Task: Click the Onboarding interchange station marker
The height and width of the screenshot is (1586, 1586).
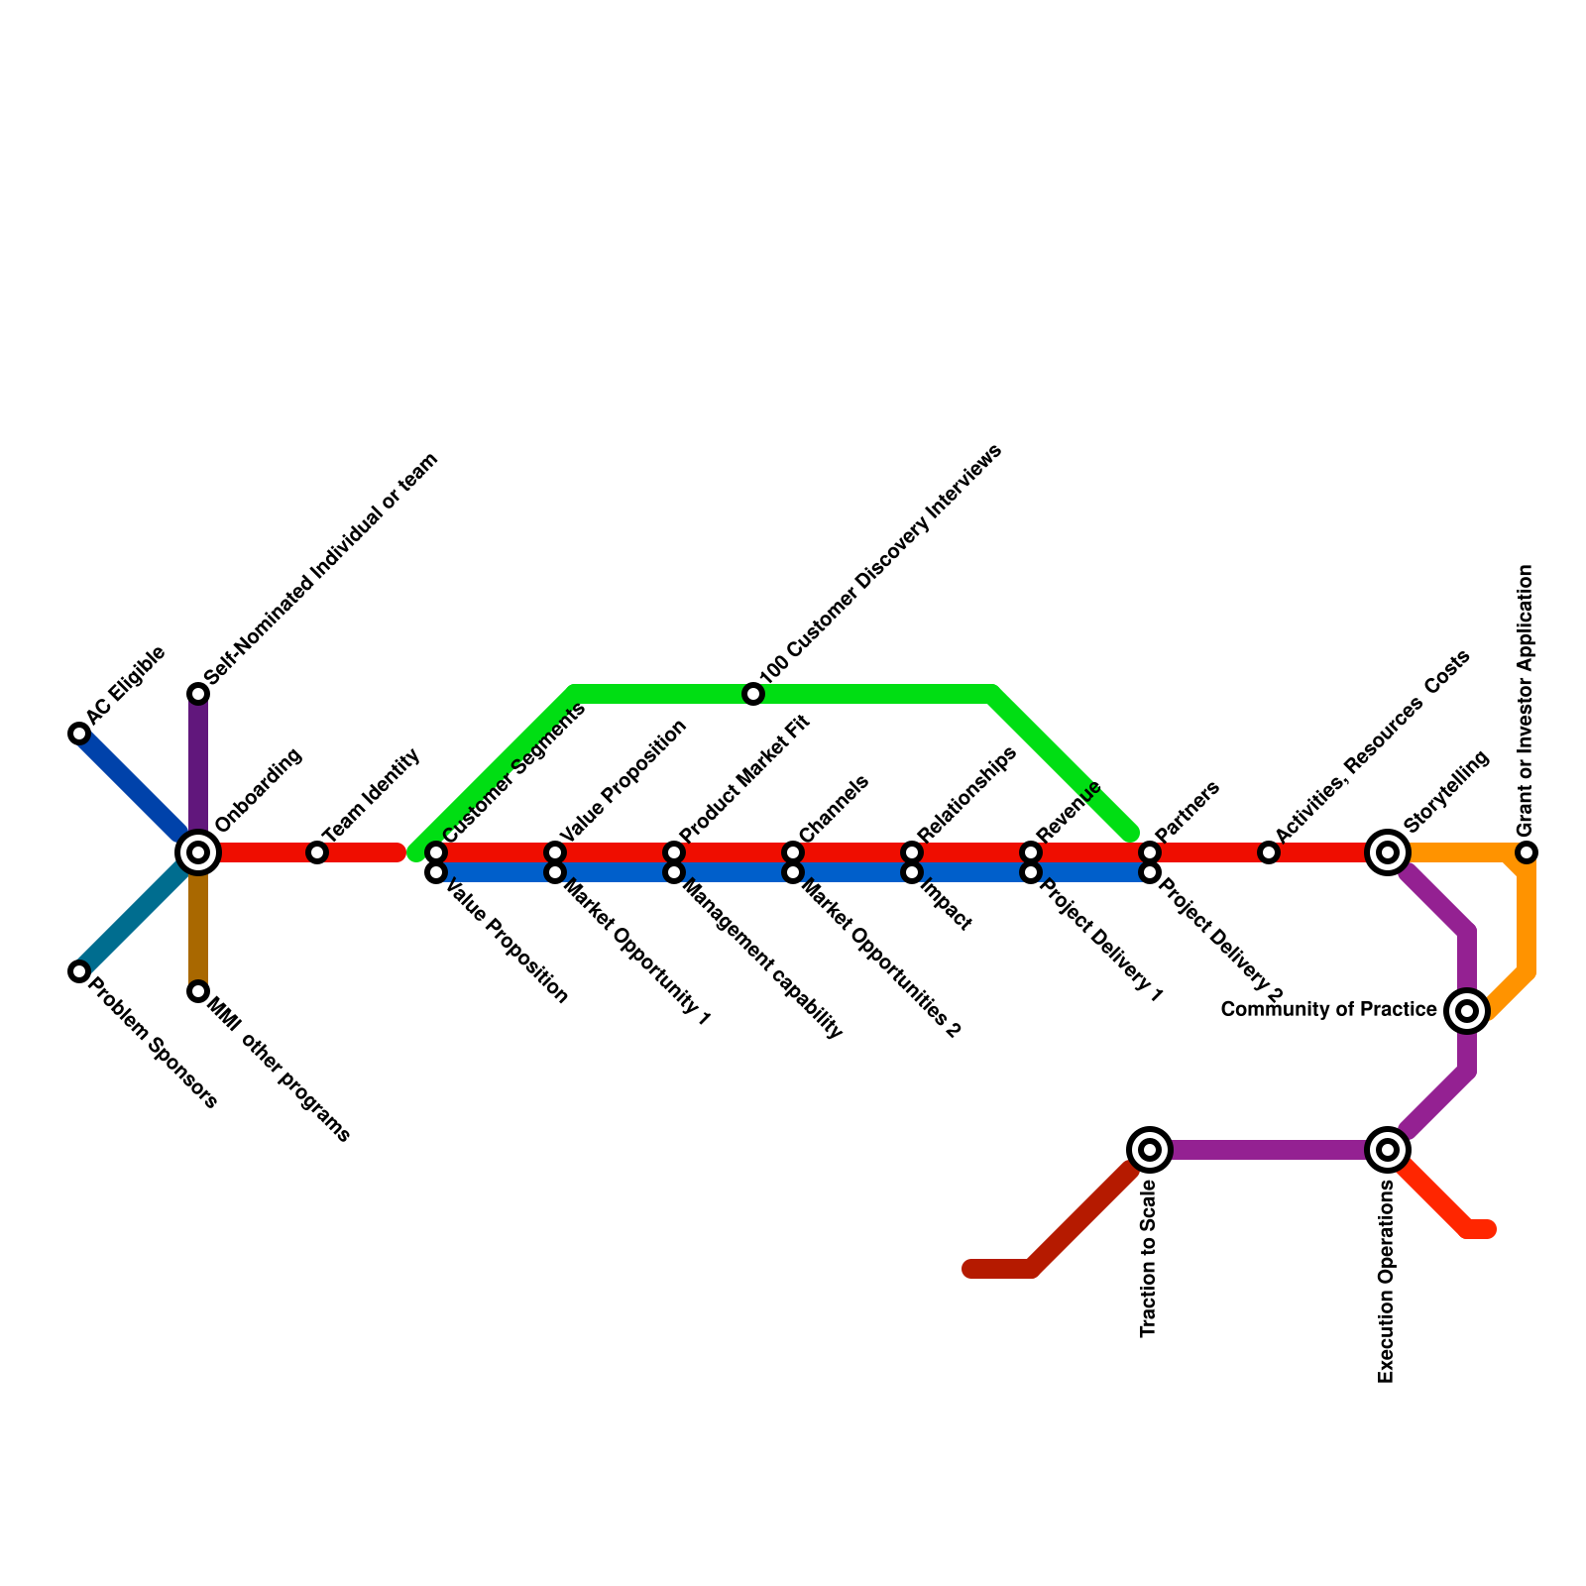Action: tap(198, 852)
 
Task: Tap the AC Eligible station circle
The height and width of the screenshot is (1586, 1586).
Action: tap(79, 734)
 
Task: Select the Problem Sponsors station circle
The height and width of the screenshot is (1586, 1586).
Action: tap(79, 971)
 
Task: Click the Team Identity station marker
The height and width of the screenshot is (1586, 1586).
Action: tap(317, 852)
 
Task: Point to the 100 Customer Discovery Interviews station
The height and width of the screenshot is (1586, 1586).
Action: tap(753, 694)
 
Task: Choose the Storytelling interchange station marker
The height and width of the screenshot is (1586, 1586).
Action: tap(1388, 852)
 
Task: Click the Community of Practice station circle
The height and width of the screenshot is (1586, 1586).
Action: tap(1467, 1011)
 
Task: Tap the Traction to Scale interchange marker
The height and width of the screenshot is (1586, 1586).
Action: tap(1150, 1150)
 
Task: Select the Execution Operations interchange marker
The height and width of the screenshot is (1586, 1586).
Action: tap(1388, 1150)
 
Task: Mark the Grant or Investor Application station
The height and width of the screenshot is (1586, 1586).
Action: tap(1527, 852)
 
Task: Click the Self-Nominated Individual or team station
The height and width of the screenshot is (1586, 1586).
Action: tap(198, 694)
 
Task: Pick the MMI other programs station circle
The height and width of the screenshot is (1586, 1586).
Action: tap(198, 991)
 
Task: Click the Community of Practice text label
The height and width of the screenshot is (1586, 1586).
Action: tap(1328, 1010)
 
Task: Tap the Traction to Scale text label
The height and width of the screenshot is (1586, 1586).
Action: tap(1149, 1259)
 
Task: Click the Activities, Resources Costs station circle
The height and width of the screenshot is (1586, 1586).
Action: tap(1269, 852)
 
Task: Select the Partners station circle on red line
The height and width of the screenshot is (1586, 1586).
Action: tap(1150, 852)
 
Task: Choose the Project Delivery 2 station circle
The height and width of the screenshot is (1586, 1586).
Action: tap(1150, 873)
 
